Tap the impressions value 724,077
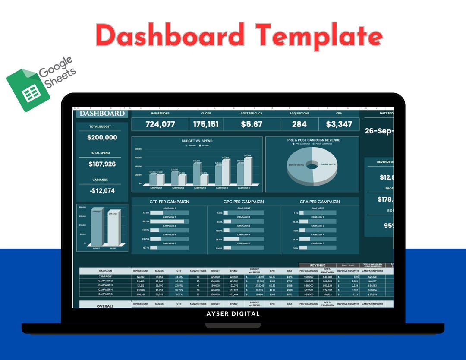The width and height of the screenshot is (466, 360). (160, 124)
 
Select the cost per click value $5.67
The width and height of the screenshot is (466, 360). (252, 124)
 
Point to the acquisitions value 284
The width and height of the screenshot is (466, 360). (299, 124)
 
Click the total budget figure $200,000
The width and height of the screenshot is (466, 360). (102, 137)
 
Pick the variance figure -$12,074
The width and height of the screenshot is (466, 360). (102, 190)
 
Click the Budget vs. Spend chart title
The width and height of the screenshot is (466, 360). (197, 141)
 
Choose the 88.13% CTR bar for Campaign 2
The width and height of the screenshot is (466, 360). (167, 221)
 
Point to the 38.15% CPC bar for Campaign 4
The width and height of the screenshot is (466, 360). (231, 239)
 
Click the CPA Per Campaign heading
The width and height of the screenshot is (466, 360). (320, 202)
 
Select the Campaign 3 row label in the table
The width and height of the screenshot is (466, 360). (105, 285)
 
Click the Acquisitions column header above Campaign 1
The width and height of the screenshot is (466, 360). (198, 271)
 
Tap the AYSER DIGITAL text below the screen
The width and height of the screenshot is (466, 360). (233, 314)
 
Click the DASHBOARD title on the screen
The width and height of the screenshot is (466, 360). (102, 114)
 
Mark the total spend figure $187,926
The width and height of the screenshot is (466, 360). (102, 164)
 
